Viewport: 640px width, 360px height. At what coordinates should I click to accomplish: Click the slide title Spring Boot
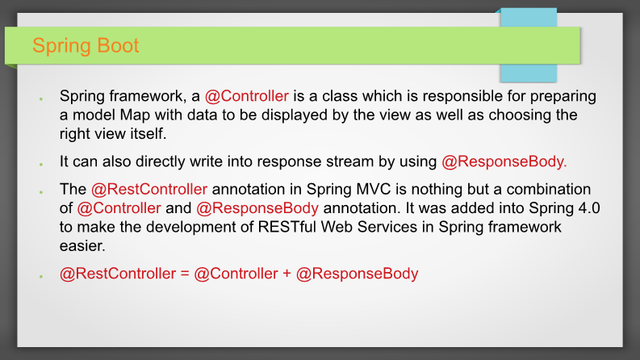tap(86, 46)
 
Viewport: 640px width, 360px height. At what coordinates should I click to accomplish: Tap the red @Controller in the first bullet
tap(246, 96)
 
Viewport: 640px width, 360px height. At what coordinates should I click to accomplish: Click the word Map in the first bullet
tap(135, 115)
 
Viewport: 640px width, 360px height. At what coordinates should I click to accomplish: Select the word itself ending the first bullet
tap(147, 133)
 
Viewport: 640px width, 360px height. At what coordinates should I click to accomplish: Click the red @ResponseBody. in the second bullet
tap(504, 162)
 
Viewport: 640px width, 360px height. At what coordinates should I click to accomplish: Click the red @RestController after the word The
tap(149, 190)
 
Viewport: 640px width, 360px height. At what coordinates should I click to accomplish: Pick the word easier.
tap(82, 245)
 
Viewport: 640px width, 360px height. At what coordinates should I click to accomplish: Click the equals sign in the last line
tap(185, 274)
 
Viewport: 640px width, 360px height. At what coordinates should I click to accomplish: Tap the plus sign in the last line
tap(287, 274)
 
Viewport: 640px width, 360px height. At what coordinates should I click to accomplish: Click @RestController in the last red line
tap(118, 274)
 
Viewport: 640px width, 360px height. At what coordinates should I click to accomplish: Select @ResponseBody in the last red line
tap(358, 274)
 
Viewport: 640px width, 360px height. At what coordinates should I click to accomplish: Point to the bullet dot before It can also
tap(41, 164)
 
